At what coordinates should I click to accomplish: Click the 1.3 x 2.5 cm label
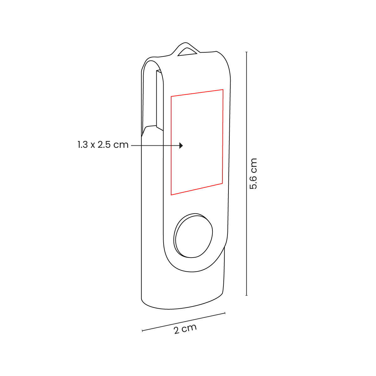103,145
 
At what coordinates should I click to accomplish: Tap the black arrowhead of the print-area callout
181,145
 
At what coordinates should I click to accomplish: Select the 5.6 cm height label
253,174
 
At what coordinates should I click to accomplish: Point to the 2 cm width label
185,329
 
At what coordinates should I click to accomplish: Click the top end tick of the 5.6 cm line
247,52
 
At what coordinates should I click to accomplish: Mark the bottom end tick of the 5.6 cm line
247,295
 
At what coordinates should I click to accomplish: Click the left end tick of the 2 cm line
142,330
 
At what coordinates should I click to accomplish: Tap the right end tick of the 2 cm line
225,313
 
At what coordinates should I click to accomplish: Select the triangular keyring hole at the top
187,52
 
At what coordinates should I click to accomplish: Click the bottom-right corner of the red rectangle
222,183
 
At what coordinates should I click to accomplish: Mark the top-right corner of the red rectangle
223,90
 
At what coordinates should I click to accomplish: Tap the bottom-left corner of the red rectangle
171,195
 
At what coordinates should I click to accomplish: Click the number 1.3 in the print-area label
83,145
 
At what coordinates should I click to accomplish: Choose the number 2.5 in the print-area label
104,145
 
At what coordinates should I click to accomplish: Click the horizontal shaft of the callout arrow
155,145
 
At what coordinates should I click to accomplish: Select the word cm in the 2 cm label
190,328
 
